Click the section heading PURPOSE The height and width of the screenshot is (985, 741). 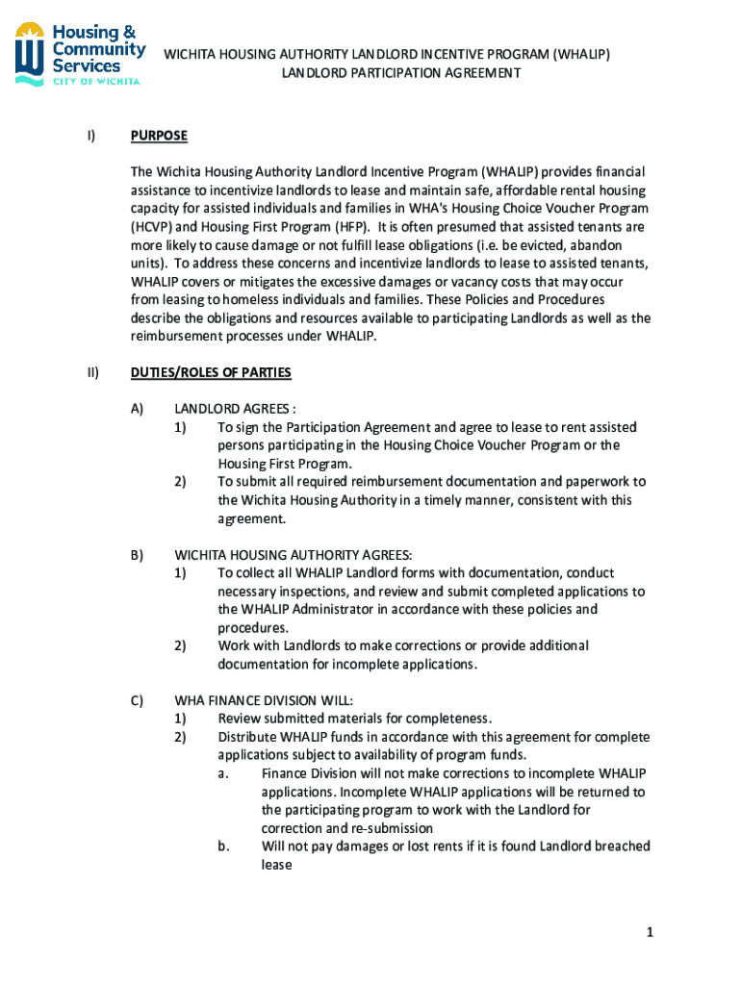(x=159, y=136)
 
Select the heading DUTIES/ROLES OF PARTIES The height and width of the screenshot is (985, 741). (x=211, y=372)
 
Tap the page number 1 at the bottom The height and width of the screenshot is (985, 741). (x=651, y=932)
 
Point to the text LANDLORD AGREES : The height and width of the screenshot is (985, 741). (x=228, y=409)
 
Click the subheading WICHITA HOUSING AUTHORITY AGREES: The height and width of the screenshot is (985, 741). (x=293, y=555)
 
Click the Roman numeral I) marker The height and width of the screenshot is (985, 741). (x=90, y=136)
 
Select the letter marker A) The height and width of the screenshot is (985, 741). (x=137, y=409)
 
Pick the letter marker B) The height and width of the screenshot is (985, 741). (x=137, y=555)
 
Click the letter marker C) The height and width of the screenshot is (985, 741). (x=137, y=700)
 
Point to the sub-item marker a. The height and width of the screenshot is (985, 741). (x=222, y=773)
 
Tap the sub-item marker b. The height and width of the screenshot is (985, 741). (x=222, y=846)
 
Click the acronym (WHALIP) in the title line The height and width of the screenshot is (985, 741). (x=575, y=54)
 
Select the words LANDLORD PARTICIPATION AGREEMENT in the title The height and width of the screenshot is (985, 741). (x=400, y=73)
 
